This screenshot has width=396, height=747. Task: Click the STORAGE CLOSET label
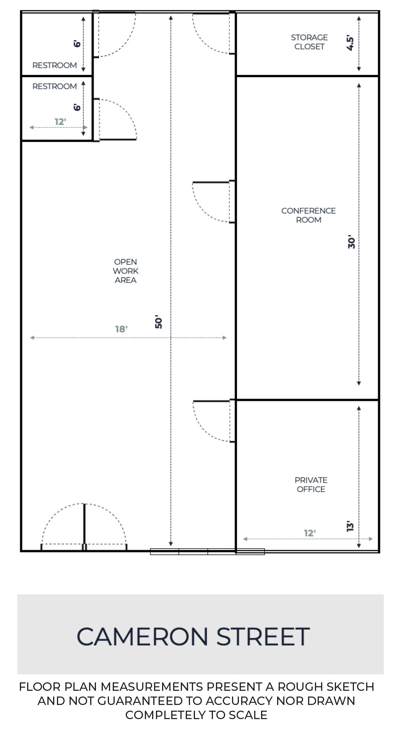[309, 42]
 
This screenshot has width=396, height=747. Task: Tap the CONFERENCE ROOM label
[308, 215]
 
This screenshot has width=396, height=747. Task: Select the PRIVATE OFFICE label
[311, 484]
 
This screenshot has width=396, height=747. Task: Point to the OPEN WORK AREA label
[125, 271]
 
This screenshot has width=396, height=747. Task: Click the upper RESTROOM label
[54, 65]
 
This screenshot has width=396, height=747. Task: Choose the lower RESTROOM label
[54, 86]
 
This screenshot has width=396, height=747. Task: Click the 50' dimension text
[159, 322]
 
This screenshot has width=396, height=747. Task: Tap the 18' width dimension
[121, 329]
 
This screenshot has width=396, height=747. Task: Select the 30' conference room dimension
[351, 243]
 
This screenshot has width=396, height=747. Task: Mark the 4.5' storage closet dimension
[350, 43]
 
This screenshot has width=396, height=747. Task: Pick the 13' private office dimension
[350, 526]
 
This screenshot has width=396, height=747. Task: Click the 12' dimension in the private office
[310, 533]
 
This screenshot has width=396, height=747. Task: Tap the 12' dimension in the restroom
[60, 122]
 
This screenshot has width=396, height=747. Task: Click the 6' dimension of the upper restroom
[78, 43]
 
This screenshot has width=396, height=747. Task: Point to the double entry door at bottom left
[84, 527]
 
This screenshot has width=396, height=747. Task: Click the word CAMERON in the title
[142, 637]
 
